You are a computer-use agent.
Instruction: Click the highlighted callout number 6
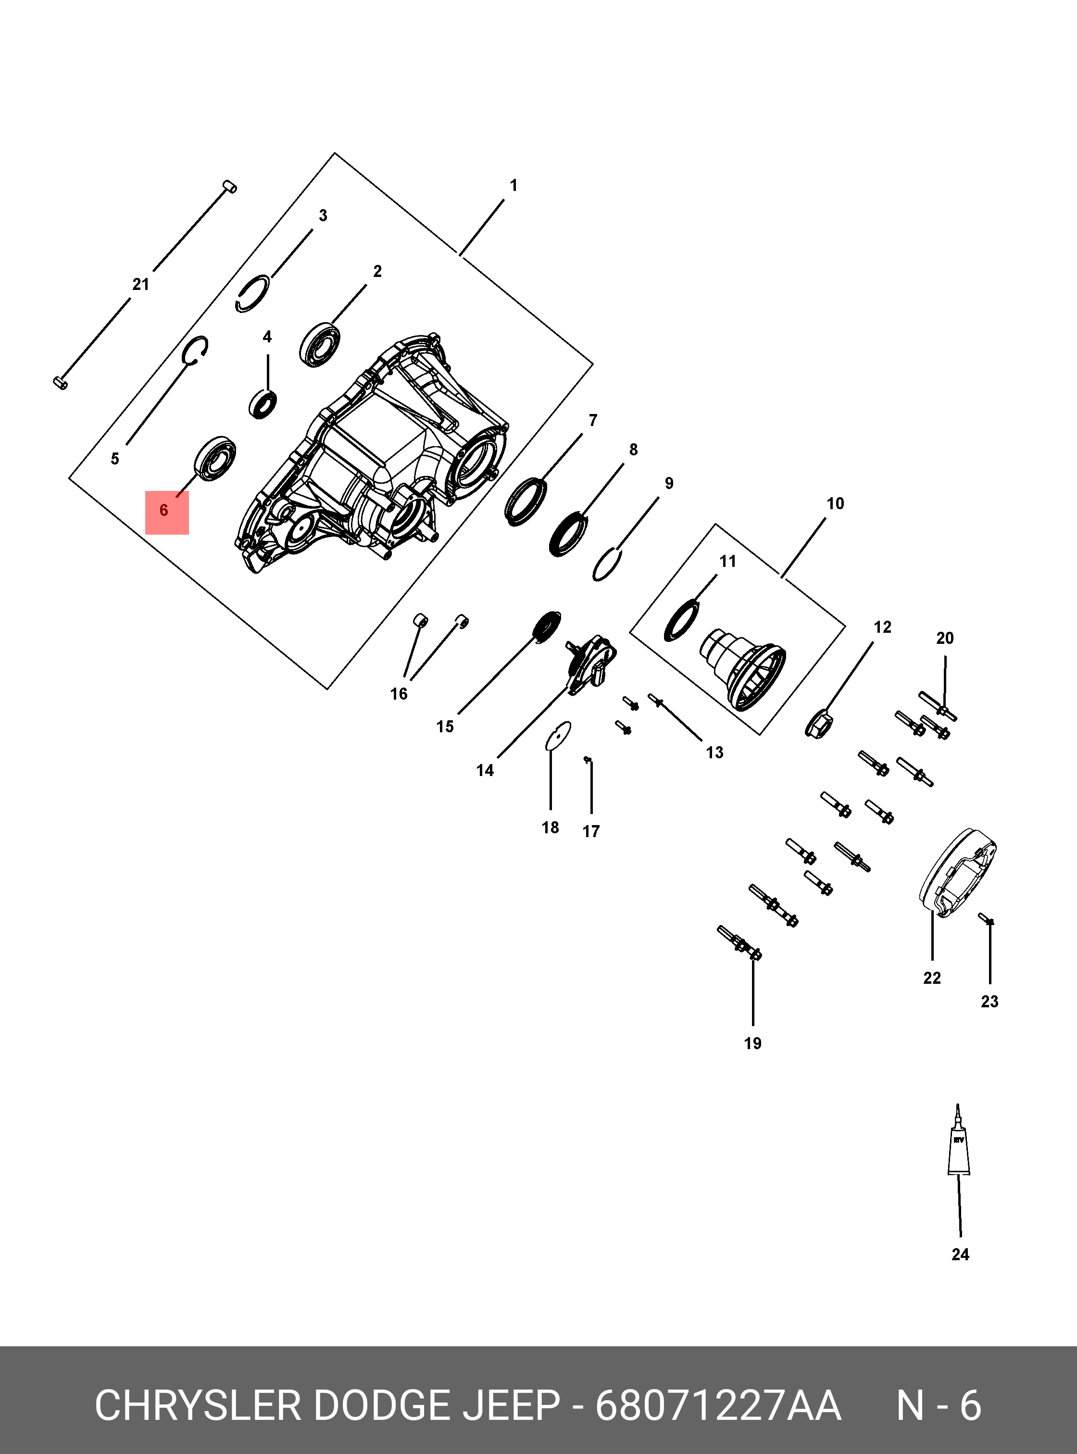[164, 511]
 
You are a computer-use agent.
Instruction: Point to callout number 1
[513, 186]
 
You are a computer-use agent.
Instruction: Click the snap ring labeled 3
[253, 293]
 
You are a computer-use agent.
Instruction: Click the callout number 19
[752, 1043]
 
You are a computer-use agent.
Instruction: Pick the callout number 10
[835, 503]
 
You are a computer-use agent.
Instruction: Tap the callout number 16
[399, 694]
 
